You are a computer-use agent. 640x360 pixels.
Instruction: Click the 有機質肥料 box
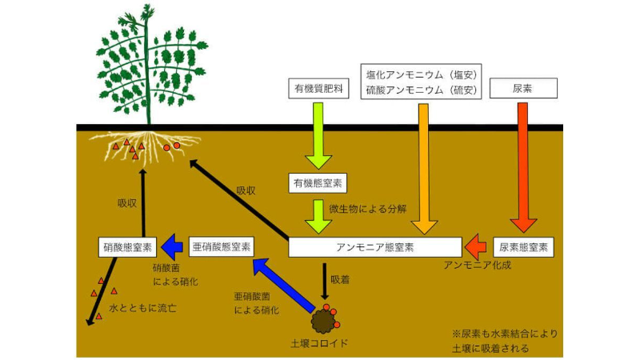318,89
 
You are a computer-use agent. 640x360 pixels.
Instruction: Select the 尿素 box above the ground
522,89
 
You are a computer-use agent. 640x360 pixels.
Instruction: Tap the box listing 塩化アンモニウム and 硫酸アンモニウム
421,82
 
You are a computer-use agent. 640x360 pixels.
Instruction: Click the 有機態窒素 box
319,184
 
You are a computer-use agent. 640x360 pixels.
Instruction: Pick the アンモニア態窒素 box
374,246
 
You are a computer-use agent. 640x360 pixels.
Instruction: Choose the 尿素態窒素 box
524,246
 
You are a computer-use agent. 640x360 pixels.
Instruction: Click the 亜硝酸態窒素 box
222,246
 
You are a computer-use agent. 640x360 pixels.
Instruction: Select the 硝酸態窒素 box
129,246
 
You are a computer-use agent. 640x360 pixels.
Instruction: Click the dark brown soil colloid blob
324,322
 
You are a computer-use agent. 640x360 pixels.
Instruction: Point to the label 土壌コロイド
320,345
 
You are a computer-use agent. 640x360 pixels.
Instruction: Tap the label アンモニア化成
477,265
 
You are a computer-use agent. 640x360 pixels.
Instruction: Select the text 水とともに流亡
142,307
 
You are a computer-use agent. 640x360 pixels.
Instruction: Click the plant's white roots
144,148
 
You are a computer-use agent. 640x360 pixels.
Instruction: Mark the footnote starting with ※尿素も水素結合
505,341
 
